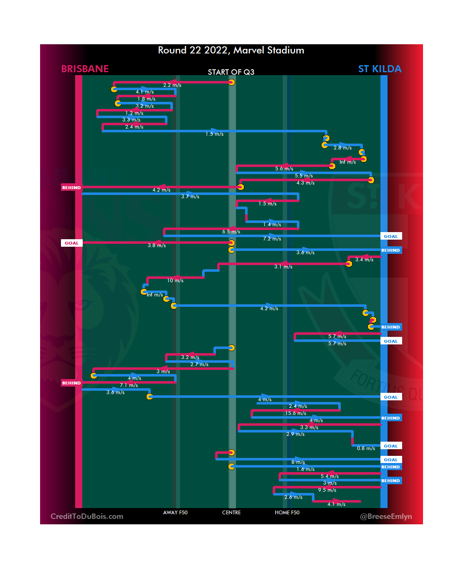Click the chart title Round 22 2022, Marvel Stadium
(x=231, y=51)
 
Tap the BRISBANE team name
(x=85, y=69)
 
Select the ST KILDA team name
(x=380, y=69)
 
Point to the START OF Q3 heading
(x=231, y=72)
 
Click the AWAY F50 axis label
(x=175, y=513)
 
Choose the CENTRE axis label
(x=231, y=513)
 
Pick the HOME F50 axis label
(x=287, y=513)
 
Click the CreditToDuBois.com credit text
(x=87, y=516)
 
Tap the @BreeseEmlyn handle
(x=386, y=516)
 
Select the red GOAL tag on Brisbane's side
(x=71, y=243)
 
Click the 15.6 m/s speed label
(x=296, y=413)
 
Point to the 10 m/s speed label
(x=175, y=281)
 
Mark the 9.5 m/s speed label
(x=327, y=490)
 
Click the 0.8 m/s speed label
(x=366, y=448)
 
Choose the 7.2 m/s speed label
(x=272, y=239)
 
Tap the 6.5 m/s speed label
(x=231, y=232)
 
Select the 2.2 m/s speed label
(x=172, y=85)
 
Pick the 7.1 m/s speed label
(x=129, y=385)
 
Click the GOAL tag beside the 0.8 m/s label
(x=391, y=446)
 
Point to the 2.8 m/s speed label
(x=342, y=148)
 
